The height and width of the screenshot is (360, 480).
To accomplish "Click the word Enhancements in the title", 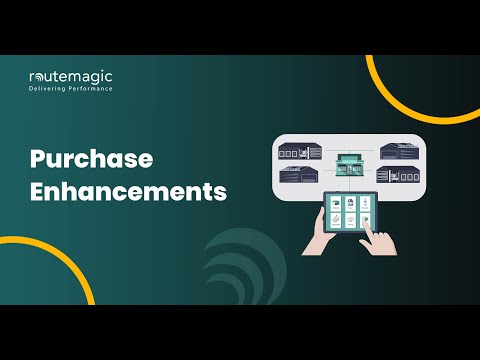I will coord(127,191).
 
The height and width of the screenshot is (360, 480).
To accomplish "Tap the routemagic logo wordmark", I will coord(70,76).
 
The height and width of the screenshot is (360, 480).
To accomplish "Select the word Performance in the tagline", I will coord(90,89).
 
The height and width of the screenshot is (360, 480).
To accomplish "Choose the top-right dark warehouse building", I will coord(402,151).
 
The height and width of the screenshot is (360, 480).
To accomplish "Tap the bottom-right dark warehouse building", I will coord(397,176).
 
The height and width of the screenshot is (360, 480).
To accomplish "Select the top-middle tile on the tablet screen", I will coord(350,203).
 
